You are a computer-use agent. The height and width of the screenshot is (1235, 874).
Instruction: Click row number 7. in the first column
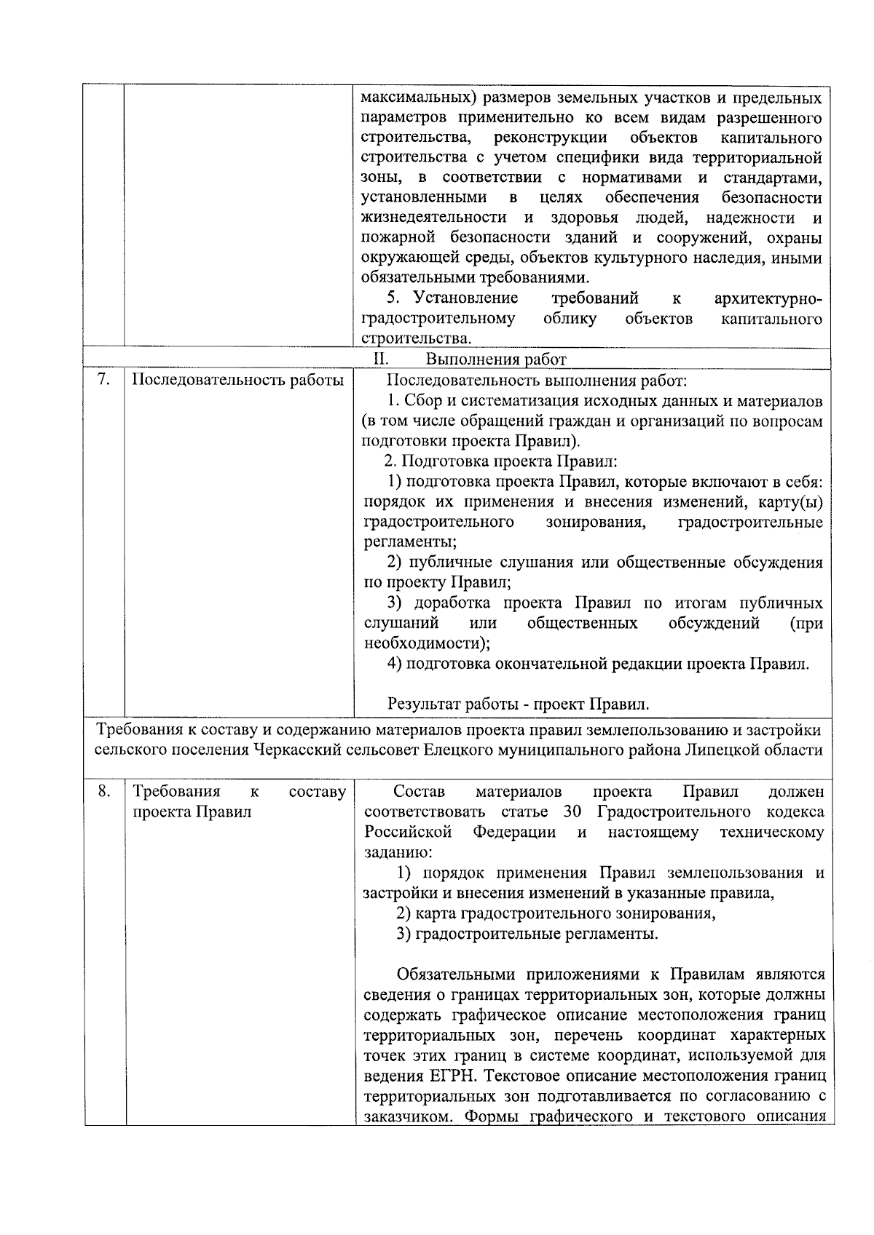[103, 380]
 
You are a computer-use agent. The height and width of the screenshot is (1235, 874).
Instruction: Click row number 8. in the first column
[103, 791]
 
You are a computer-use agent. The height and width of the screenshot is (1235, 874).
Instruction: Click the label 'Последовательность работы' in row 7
[237, 380]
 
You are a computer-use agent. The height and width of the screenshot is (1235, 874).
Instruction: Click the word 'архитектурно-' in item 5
[768, 298]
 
